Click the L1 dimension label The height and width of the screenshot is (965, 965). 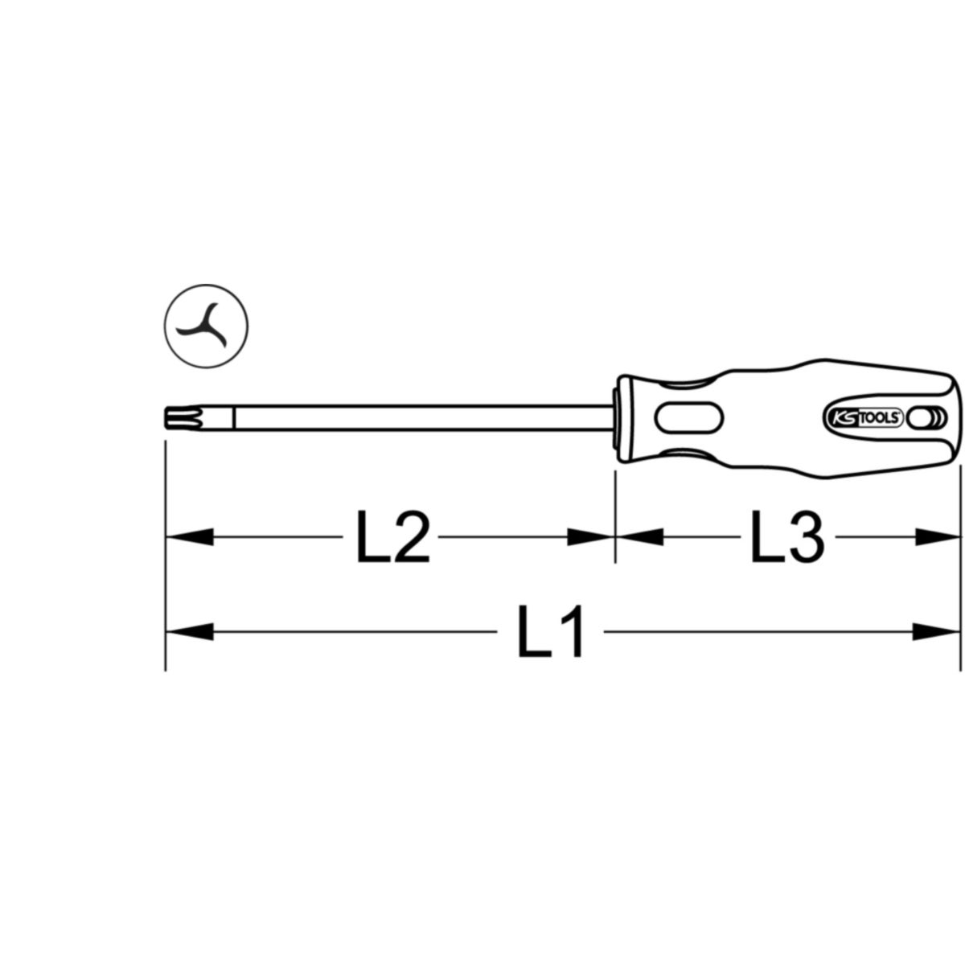tap(550, 632)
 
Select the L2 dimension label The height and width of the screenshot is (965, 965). tap(392, 537)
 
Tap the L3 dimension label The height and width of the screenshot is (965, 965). tap(786, 537)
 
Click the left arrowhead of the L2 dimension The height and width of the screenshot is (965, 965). tap(189, 537)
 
